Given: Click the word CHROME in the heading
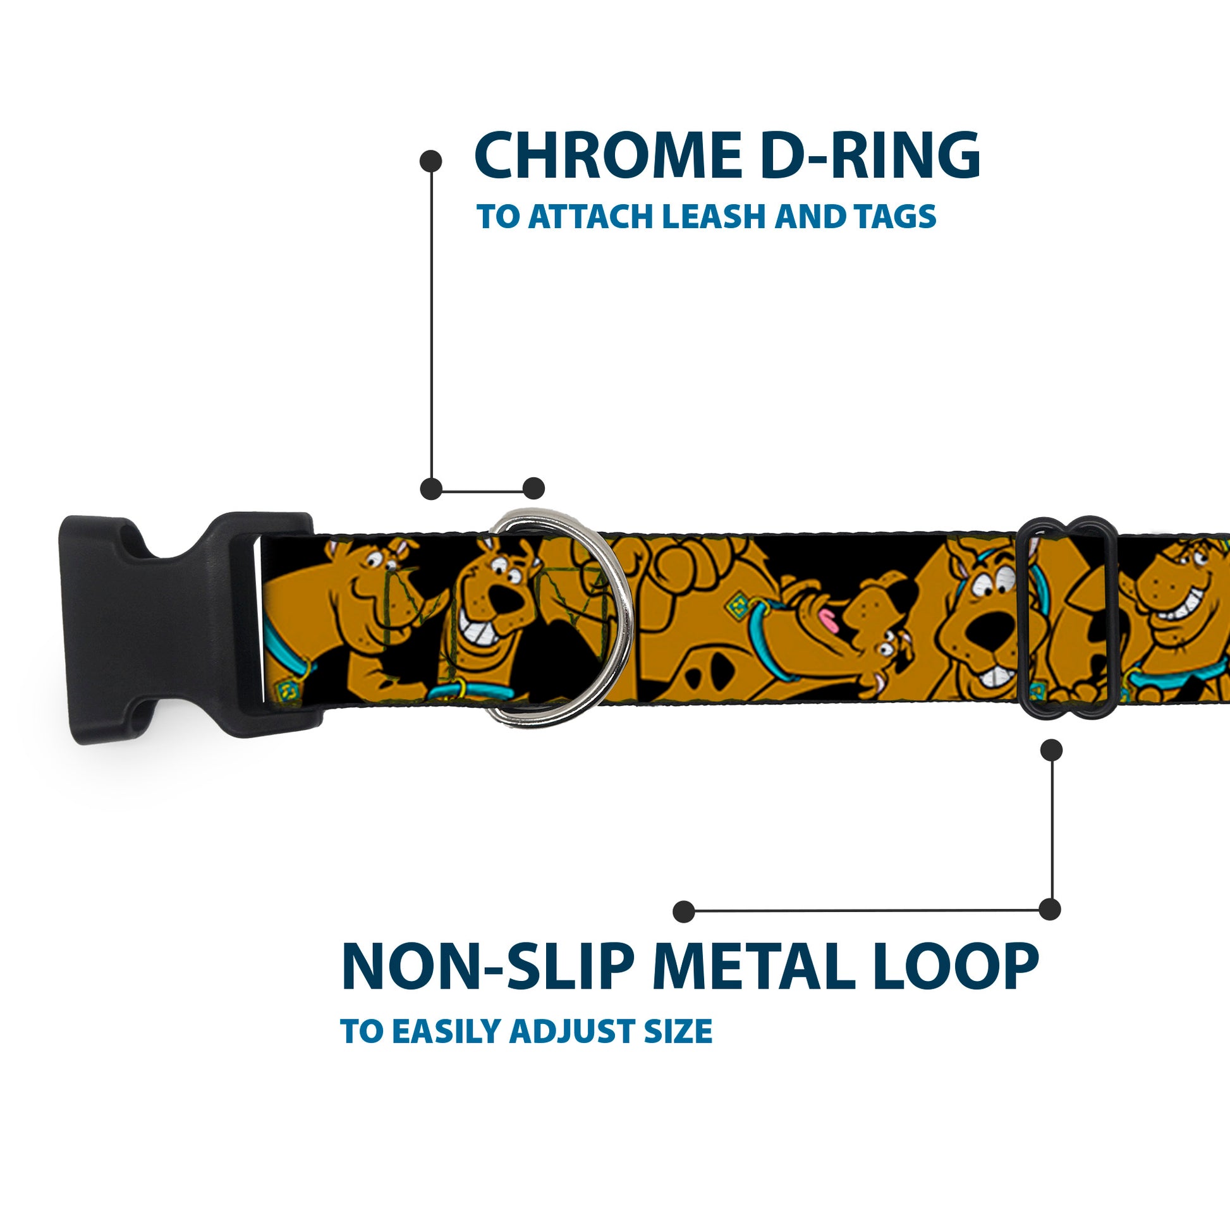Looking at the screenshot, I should point(608,157).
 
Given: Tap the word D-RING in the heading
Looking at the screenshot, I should point(870,157).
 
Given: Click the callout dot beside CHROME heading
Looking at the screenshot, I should point(431,161).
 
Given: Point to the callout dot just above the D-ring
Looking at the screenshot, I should point(533,489).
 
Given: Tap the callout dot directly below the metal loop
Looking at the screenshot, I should point(1051,750).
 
